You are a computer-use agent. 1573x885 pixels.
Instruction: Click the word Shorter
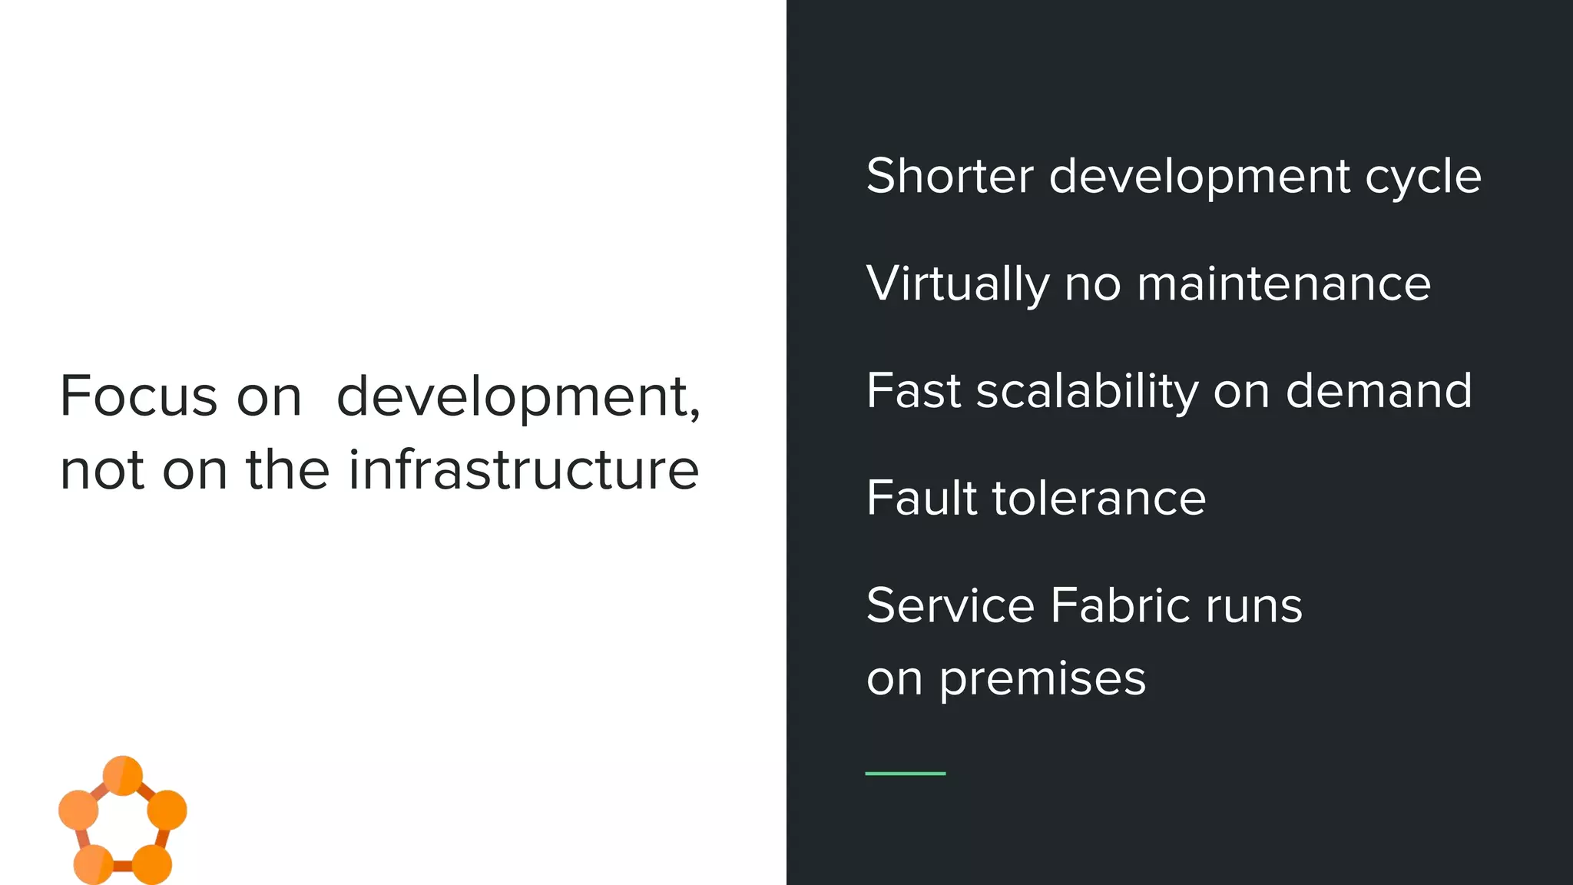click(950, 176)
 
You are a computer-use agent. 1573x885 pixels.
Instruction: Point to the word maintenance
click(1283, 283)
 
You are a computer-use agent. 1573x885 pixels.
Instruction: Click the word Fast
click(913, 390)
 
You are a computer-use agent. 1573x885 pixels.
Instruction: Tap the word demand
click(1379, 390)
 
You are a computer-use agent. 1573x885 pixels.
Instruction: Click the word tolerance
click(1099, 498)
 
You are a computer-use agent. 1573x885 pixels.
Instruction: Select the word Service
click(950, 605)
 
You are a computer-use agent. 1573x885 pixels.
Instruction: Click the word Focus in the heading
click(139, 396)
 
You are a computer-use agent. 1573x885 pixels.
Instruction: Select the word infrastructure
click(524, 469)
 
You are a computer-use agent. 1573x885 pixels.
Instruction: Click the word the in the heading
click(288, 469)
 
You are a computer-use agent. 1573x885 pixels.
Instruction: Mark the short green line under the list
click(905, 773)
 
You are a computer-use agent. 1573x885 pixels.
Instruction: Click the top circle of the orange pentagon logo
click(123, 775)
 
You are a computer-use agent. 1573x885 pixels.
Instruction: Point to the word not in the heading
click(102, 471)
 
